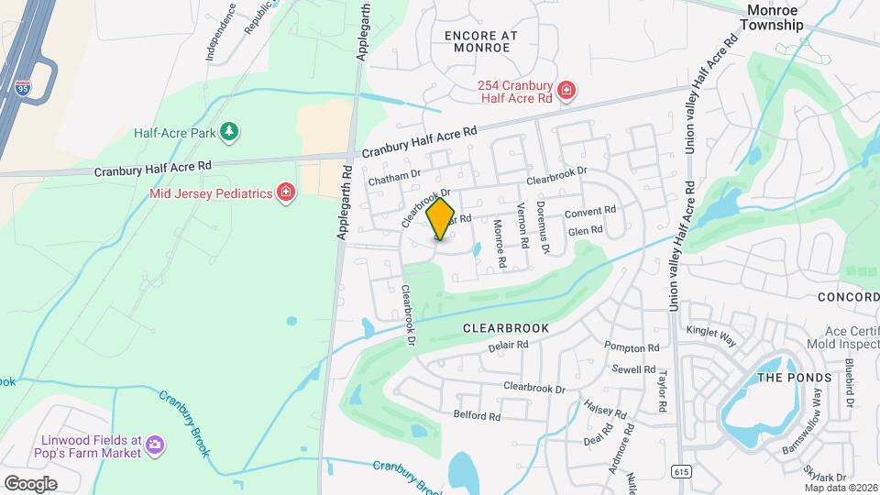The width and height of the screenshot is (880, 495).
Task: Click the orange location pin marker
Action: click(x=441, y=218)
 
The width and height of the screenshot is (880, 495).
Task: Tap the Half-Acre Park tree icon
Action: click(x=229, y=133)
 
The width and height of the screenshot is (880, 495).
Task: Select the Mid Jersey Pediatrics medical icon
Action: click(x=287, y=192)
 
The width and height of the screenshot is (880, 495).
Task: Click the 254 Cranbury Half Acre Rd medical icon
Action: click(x=566, y=90)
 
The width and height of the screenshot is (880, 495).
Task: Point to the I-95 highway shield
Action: click(x=23, y=89)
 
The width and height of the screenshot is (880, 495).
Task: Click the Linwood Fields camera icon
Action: click(x=155, y=445)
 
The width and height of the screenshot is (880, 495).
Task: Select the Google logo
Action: click(x=30, y=483)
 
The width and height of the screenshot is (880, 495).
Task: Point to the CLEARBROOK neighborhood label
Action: click(x=505, y=327)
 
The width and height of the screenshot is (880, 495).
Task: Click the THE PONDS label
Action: click(x=794, y=378)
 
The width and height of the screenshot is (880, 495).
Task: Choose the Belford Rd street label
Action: click(x=477, y=415)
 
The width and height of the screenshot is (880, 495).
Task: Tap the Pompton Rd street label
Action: click(x=632, y=346)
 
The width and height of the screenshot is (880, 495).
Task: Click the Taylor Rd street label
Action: click(x=660, y=389)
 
